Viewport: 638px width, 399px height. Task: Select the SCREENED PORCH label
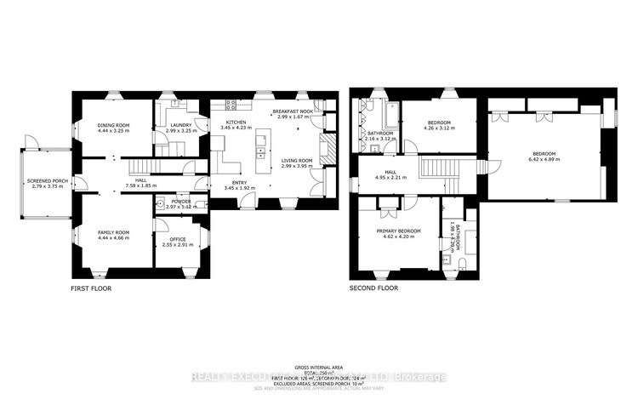[x=42, y=180]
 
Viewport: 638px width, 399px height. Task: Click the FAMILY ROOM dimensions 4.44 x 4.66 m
[x=113, y=238]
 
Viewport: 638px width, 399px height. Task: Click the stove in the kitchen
[x=231, y=106]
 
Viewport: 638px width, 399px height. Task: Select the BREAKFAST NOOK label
[x=292, y=111]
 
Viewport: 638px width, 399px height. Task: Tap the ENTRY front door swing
[x=246, y=201]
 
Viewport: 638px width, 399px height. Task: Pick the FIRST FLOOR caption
[x=91, y=288]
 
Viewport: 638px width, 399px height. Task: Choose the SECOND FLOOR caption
[x=374, y=288]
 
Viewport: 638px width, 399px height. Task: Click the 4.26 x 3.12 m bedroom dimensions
[x=440, y=129]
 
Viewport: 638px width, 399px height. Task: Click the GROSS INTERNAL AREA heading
[x=319, y=362]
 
